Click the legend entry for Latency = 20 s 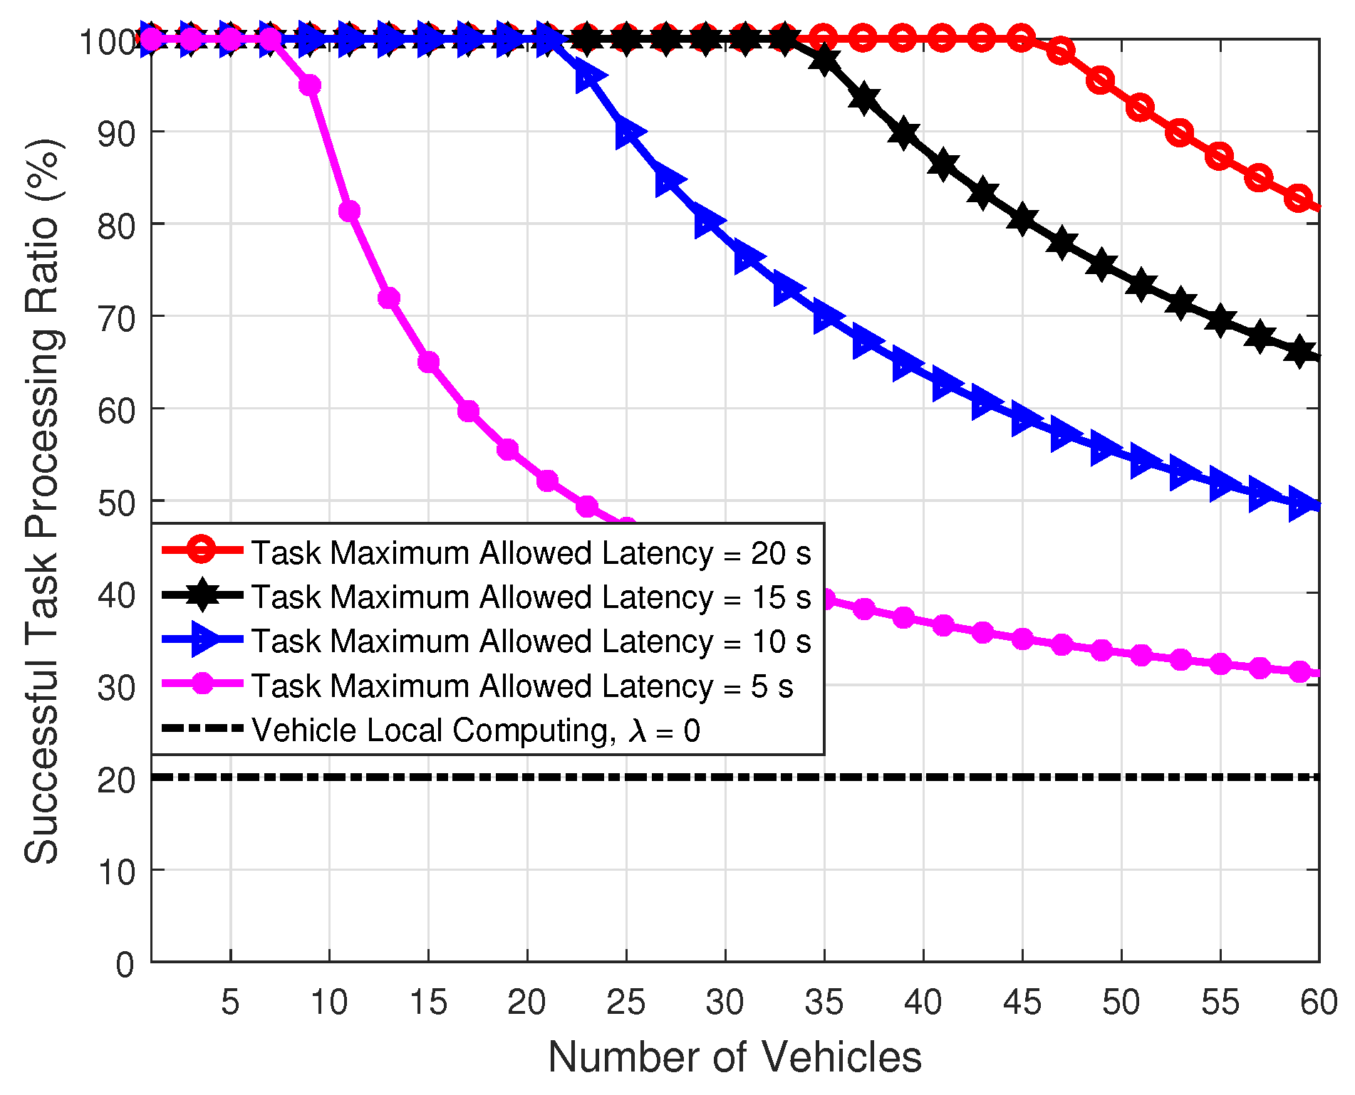[531, 553]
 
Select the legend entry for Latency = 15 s [531, 597]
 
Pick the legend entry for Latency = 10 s [531, 641]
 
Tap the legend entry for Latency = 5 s [522, 686]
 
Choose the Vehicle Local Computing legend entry [476, 730]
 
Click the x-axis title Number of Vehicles [734, 1057]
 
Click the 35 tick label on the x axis [824, 1002]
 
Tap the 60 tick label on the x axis [1319, 1002]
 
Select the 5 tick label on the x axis [230, 1002]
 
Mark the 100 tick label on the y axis [107, 42]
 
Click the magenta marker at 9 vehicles [310, 85]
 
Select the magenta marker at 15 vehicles [428, 362]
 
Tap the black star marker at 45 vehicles [1022, 219]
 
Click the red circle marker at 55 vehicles [1220, 156]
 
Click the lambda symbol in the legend [638, 731]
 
